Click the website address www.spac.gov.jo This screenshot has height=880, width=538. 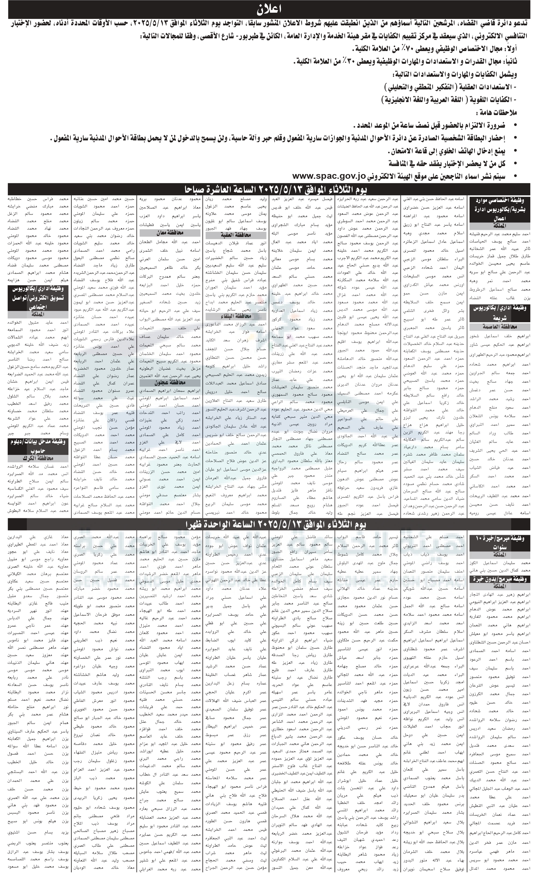pyautogui.click(x=329, y=176)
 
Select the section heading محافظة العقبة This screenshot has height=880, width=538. pyautogui.click(x=236, y=235)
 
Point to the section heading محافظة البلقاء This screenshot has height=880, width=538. pyautogui.click(x=236, y=316)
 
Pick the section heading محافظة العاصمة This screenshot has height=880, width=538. pyautogui.click(x=499, y=327)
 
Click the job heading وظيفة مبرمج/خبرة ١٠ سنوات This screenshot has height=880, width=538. pyautogui.click(x=499, y=542)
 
